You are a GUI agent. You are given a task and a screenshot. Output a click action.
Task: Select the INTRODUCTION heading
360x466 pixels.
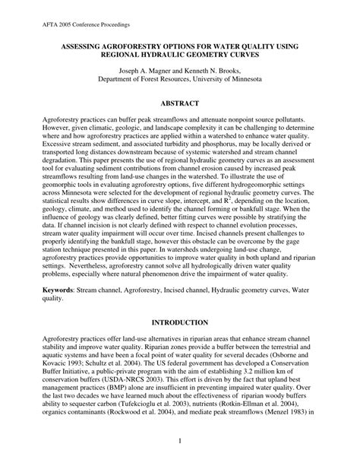[180, 323]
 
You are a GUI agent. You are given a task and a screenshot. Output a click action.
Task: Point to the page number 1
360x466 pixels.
[180, 439]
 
